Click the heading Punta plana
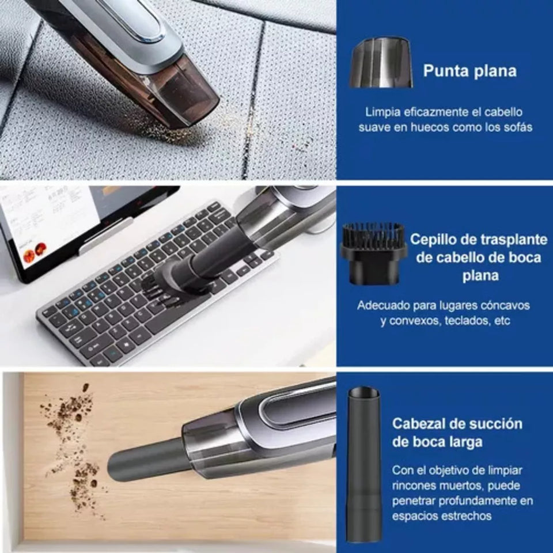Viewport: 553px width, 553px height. tap(469, 71)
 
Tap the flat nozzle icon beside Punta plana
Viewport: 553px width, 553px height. tap(381, 63)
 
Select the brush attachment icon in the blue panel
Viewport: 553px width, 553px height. tap(374, 253)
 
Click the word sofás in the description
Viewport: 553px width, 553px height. tap(517, 127)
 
